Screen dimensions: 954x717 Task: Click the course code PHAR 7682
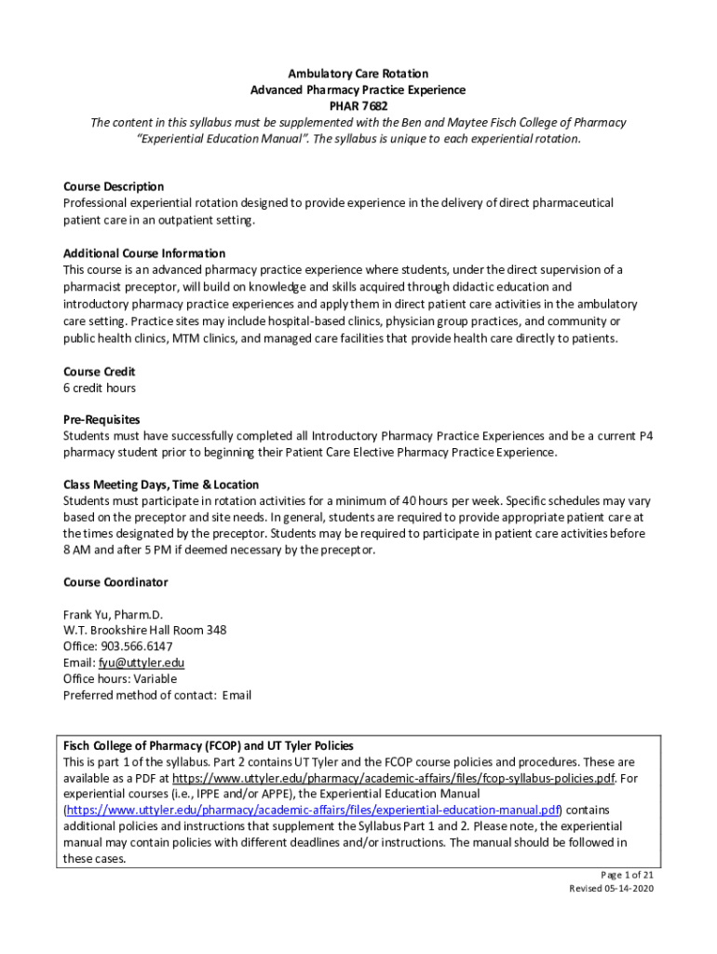tap(358, 106)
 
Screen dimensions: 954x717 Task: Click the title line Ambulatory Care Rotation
tap(358, 74)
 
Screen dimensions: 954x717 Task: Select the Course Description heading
tap(114, 186)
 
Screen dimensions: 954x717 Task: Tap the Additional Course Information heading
tap(144, 253)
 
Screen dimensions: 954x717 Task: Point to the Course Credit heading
tap(100, 372)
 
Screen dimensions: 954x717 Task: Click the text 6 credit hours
tap(100, 388)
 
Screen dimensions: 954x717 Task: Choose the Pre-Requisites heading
tap(101, 420)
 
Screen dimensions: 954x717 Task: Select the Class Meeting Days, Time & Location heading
tap(161, 484)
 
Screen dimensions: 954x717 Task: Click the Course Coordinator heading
tap(115, 582)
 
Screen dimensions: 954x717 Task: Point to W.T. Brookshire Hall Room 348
tap(144, 630)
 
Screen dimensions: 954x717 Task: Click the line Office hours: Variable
tap(119, 678)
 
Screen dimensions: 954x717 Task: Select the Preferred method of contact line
tap(156, 695)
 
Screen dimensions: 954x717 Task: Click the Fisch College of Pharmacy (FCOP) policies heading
tap(208, 745)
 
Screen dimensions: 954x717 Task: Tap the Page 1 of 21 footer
tap(626, 875)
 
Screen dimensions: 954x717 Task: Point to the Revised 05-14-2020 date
tap(612, 889)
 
